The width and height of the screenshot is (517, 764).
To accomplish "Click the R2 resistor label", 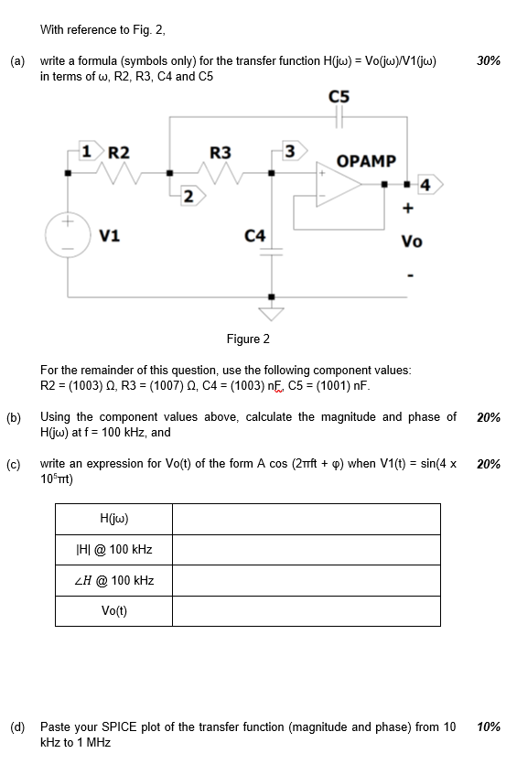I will click(120, 152).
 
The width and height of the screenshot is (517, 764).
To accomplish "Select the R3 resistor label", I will click(221, 152).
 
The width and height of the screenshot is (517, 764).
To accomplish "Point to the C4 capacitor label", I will click(255, 237).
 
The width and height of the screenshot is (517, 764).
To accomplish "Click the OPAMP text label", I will click(366, 161).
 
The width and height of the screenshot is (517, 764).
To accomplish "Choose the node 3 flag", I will click(291, 151).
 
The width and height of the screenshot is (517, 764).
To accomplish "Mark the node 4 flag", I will click(427, 186).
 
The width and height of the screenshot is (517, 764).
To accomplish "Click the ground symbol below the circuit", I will click(270, 313).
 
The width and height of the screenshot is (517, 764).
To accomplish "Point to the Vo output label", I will click(412, 242).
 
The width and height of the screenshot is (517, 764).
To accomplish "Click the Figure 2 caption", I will click(248, 339).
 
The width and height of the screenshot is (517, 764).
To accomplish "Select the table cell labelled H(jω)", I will click(114, 519).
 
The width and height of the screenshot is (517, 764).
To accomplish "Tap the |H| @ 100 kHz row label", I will click(114, 550).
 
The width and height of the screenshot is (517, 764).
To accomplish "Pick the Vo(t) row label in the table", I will click(114, 611).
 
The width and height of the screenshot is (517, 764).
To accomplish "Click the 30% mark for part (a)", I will click(489, 60).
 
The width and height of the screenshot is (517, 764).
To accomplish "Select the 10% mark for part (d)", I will click(489, 727).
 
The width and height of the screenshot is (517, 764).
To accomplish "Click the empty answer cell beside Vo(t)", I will click(306, 611).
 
